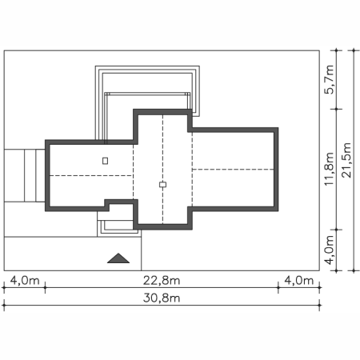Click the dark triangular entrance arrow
pos(118,258)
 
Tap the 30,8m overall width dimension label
pos(162,298)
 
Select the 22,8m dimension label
pos(162,281)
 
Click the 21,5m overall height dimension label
pos(346,160)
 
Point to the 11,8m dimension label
pos(329,169)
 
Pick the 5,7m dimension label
pos(329,79)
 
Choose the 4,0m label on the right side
pos(329,250)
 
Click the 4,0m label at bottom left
pos(25,281)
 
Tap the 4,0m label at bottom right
pos(299,281)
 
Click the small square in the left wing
pos(106,161)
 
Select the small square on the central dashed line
pos(162,185)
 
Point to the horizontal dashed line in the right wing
pos(233,170)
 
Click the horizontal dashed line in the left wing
pos(91,175)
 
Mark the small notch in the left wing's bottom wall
pos(107,205)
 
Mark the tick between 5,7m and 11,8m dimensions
pos(336,109)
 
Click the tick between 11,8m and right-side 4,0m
pos(336,230)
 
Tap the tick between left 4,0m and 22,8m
pos(45,287)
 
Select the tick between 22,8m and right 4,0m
pos(278,287)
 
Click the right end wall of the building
pos(276,170)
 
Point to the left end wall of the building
pos(47,175)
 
